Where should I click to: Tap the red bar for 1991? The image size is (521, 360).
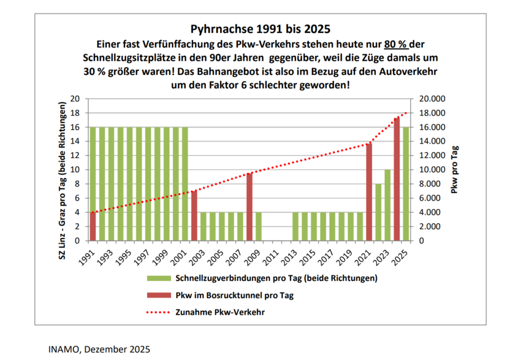pyautogui.click(x=93, y=226)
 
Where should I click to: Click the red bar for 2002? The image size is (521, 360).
pyautogui.click(x=194, y=216)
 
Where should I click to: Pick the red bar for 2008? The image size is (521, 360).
pyautogui.click(x=249, y=207)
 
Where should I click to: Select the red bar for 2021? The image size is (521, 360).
pyautogui.click(x=369, y=191)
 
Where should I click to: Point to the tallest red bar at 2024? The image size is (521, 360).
pyautogui.click(x=397, y=179)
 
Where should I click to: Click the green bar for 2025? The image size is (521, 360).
pyautogui.click(x=405, y=183)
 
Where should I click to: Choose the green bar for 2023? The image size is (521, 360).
pyautogui.click(x=387, y=205)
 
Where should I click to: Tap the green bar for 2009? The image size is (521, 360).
pyautogui.click(x=259, y=226)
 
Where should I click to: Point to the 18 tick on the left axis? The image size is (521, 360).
pyautogui.click(x=76, y=113)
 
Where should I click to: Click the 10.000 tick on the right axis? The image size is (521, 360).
pyautogui.click(x=429, y=170)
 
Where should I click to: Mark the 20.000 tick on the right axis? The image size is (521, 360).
pyautogui.click(x=429, y=99)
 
